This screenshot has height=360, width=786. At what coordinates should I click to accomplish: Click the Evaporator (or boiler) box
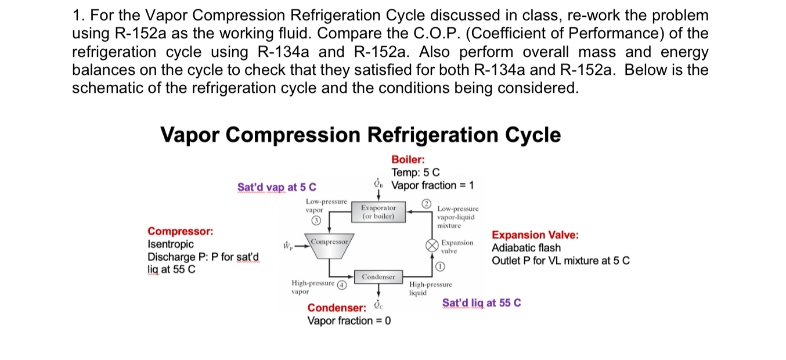point(378,211)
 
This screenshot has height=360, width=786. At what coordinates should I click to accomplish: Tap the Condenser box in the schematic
point(378,277)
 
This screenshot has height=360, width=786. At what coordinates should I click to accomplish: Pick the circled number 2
point(427,203)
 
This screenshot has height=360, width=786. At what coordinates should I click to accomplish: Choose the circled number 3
point(316,221)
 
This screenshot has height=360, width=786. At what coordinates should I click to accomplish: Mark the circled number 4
point(342,285)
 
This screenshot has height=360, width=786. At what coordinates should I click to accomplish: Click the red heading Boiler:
point(408,160)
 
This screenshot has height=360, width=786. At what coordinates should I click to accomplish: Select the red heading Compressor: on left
point(180,232)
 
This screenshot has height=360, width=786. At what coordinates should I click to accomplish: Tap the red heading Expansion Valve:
point(535,235)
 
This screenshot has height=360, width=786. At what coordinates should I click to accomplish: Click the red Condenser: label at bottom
point(337,308)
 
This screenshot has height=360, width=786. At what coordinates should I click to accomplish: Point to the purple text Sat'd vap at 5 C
point(277,187)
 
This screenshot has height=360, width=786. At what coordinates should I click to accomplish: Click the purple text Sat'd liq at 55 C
point(481,303)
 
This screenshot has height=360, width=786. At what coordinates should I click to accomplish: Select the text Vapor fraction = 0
point(349,321)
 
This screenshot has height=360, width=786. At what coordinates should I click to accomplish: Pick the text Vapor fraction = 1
point(433,185)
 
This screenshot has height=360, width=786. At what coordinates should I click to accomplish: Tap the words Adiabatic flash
point(526,248)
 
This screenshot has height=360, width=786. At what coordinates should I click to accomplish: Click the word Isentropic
point(171,244)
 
